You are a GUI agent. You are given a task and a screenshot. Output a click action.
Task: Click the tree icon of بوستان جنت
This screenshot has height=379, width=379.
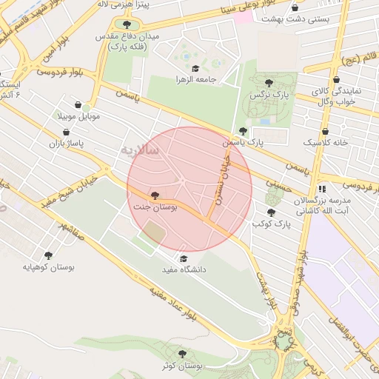[154, 195]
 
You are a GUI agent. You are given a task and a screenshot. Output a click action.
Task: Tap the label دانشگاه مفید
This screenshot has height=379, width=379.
[184, 269]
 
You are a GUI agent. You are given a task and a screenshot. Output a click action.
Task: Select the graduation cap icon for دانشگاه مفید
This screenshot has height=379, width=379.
[184, 257]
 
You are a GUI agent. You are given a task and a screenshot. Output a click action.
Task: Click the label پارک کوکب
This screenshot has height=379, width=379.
[269, 224]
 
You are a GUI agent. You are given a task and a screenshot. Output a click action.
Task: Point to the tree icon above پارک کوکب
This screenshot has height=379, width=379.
[270, 212]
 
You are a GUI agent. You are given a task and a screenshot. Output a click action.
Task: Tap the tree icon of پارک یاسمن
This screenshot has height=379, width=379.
[243, 130]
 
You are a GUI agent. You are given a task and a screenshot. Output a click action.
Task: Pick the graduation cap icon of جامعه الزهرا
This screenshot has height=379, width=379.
[195, 68]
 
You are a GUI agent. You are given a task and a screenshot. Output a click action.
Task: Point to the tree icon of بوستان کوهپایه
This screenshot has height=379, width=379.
[49, 255]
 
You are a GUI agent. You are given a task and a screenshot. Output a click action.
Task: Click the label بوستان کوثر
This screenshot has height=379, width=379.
[184, 366]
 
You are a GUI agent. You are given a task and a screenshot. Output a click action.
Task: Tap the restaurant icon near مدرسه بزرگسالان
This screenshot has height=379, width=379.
[321, 189]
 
